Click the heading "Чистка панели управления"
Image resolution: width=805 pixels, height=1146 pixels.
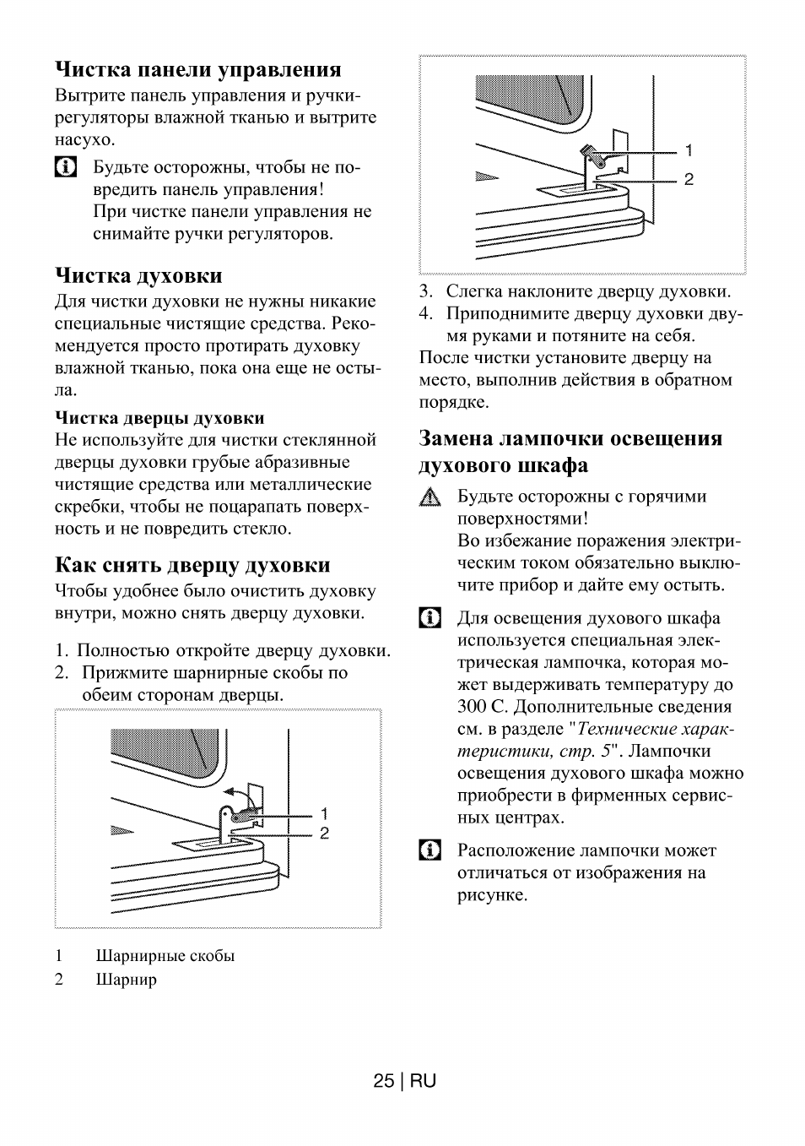coord(198,69)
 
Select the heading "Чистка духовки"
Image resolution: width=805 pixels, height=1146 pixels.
coord(139,275)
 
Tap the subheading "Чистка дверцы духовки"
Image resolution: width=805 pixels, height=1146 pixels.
coord(159,418)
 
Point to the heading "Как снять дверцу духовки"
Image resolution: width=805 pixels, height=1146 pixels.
coord(192,565)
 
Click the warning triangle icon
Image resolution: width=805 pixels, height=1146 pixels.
coord(430,498)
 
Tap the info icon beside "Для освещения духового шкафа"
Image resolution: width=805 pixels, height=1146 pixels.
coord(430,618)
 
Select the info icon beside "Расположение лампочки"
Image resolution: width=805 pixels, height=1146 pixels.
coord(430,850)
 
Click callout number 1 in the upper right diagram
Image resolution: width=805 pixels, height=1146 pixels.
coord(689,151)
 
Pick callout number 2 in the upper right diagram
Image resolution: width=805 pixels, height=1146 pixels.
coord(689,180)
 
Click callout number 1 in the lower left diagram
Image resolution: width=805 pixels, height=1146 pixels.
coord(324,814)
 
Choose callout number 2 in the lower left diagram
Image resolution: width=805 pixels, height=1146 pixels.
coord(324,834)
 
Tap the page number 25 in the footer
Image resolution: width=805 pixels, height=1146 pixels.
coord(383,1081)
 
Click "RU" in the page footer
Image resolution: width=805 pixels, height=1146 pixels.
coord(424,1081)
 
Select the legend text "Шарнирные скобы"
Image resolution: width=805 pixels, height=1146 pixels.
coord(165,956)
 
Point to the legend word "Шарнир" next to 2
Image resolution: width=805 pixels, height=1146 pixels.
coord(127,980)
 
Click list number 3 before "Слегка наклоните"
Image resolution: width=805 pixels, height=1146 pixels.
coord(427,292)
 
